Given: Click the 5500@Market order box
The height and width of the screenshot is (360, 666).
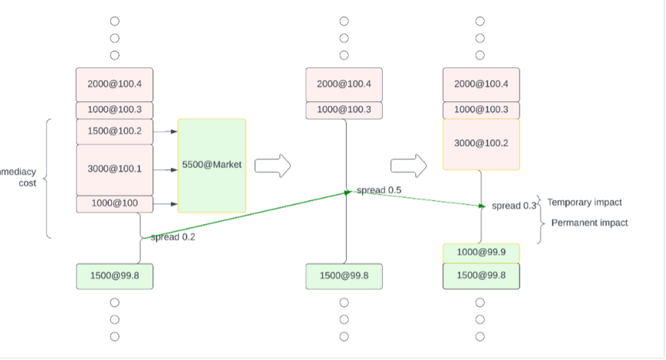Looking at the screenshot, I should [212, 165].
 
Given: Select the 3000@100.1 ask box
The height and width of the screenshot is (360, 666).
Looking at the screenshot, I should [114, 170].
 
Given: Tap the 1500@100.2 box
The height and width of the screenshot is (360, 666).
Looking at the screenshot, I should [114, 131].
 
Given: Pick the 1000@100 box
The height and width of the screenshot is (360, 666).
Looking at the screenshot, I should [114, 204].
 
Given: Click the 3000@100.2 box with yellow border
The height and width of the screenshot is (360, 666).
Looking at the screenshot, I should [481, 144].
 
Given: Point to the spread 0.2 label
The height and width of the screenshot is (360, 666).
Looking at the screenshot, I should [173, 237].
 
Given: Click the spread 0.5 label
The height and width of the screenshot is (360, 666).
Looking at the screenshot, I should [379, 190].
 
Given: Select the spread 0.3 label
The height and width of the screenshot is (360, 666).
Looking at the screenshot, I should [513, 206].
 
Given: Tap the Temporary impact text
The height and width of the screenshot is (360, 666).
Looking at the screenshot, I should [584, 203].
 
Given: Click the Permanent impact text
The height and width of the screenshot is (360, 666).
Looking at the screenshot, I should [589, 223].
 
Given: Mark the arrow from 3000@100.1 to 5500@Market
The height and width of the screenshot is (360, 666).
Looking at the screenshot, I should [165, 170].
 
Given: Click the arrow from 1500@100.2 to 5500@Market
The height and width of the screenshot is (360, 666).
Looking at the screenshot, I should [165, 131].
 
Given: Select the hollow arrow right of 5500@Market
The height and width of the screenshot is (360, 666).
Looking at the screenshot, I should [272, 166].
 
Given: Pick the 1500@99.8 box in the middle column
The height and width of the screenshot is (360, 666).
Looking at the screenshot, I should [344, 276].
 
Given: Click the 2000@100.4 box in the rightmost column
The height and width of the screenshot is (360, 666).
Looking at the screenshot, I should [481, 84].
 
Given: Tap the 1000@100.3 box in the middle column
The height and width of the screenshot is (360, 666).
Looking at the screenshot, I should [344, 110].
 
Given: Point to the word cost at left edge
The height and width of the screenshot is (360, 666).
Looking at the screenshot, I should [27, 183].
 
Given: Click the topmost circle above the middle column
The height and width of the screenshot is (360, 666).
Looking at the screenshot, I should [344, 21].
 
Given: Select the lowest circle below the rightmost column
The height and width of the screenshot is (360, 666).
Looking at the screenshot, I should [480, 337].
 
